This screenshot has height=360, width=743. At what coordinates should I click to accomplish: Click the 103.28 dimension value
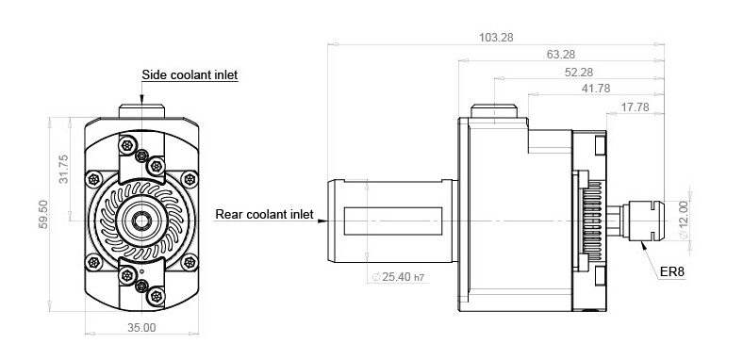pos(496,38)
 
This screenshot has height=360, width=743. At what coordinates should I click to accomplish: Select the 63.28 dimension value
pos(561,55)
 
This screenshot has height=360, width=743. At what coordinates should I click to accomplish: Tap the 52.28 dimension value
pos(579,72)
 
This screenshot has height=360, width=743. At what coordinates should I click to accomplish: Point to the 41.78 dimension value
pos(596,89)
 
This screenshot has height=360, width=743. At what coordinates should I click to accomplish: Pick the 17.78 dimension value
pos(635,107)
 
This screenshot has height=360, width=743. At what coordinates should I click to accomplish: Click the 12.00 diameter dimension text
pos(683,220)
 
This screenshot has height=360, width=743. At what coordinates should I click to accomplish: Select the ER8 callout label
pos(672,272)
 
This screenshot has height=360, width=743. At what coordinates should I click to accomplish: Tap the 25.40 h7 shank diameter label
pos(398,277)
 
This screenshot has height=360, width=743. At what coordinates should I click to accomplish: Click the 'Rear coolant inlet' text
pos(264,214)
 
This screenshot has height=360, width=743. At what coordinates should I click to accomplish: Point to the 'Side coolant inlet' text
pos(190,74)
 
